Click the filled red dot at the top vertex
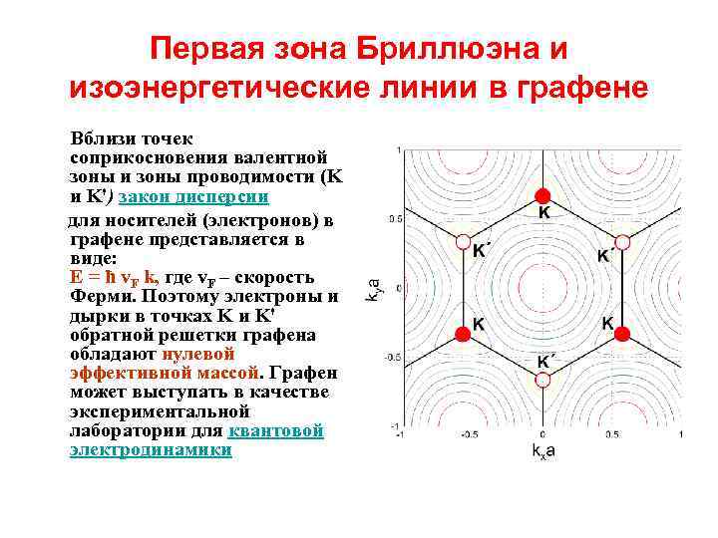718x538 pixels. [541, 194]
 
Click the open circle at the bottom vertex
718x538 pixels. [541, 382]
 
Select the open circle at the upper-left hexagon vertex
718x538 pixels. [462, 241]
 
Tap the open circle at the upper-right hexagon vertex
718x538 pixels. [622, 241]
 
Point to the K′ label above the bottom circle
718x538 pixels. [546, 362]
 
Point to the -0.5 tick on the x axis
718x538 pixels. [470, 435]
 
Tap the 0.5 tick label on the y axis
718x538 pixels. [394, 218]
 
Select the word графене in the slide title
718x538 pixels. [576, 88]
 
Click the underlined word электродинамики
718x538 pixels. [152, 449]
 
